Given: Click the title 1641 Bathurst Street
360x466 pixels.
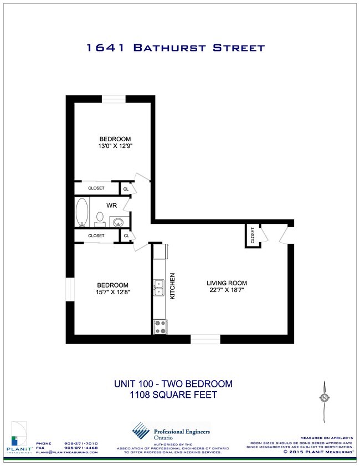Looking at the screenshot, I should click(176, 48).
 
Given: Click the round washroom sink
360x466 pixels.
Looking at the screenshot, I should click(117, 222).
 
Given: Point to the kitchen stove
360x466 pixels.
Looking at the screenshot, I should click(160, 326).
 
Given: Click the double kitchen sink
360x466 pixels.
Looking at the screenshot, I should click(158, 287).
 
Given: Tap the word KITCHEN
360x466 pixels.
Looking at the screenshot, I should click(173, 286).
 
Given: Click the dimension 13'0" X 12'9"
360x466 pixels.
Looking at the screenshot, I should click(115, 146).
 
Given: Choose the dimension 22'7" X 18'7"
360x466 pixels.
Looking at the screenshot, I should click(226, 289).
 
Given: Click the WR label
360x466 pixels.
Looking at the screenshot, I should click(111, 206).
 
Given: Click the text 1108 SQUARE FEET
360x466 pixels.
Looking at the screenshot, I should click(173, 395).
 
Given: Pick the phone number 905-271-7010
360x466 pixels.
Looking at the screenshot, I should click(81, 443).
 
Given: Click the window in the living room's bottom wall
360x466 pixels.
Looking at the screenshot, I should click(205, 338).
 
